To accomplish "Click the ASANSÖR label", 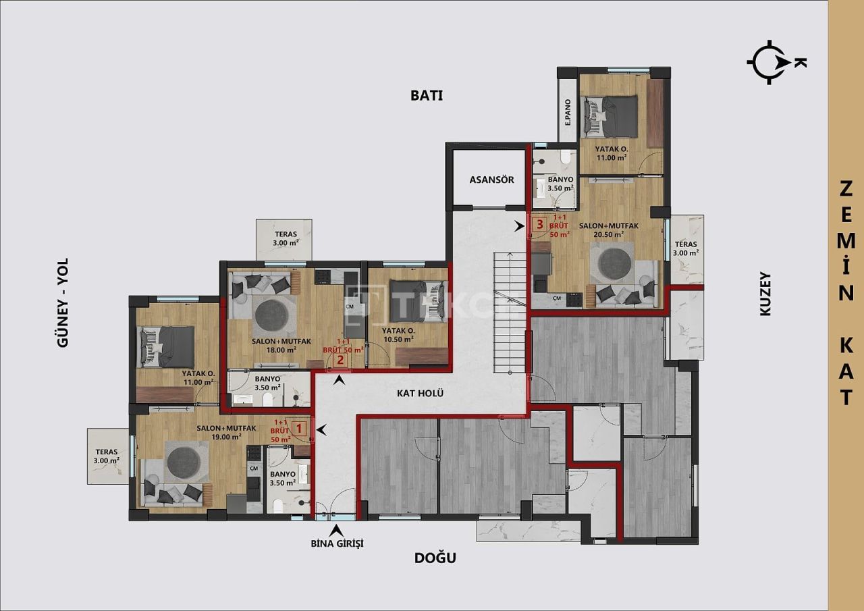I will [491, 180].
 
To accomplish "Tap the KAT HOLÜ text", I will [420, 392].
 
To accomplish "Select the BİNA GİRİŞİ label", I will [337, 543].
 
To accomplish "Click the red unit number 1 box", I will [300, 427].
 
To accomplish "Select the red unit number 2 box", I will [340, 359].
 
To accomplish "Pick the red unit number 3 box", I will [539, 224].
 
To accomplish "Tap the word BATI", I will [427, 95].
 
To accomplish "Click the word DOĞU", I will [435, 558].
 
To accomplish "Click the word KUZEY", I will [765, 294].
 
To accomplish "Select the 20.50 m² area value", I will [608, 234].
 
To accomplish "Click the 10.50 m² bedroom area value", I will [398, 339].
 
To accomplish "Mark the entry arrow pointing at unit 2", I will [340, 380].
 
